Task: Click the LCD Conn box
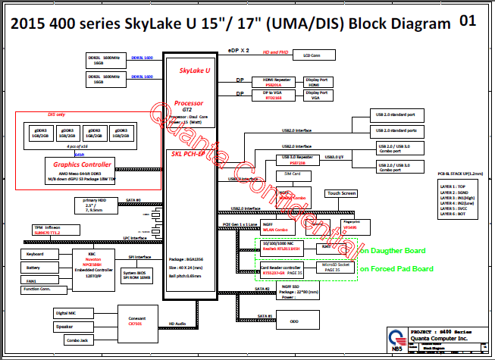click(x=312, y=55)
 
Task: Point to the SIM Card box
click(x=293, y=174)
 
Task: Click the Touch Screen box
click(x=341, y=193)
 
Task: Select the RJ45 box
click(x=324, y=246)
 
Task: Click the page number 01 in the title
click(x=468, y=20)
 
